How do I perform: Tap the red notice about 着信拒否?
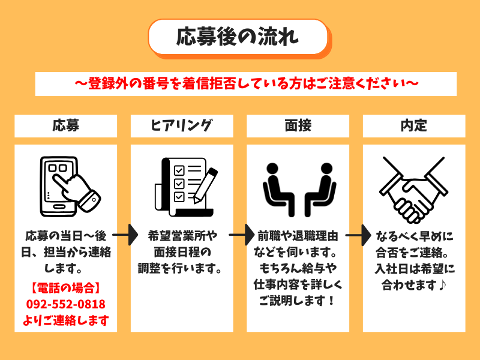(x=246, y=82)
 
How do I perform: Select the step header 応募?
(x=65, y=125)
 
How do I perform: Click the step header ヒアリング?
(x=182, y=125)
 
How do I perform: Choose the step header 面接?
(x=298, y=125)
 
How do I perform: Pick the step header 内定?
(x=414, y=125)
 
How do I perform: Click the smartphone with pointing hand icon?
(x=66, y=186)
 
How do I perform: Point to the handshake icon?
(x=414, y=187)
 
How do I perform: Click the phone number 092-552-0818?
(x=66, y=304)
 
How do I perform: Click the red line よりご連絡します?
(x=66, y=320)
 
